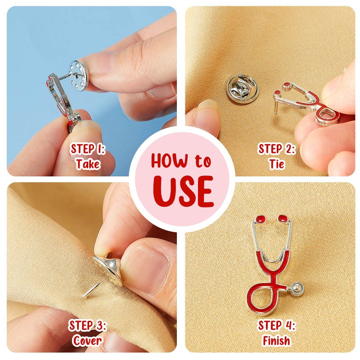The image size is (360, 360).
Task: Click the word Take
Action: pos(87,163)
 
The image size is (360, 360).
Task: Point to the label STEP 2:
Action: pos(276,148)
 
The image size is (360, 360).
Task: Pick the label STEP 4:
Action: pos(276,325)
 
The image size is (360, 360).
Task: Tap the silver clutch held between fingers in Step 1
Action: pos(81,72)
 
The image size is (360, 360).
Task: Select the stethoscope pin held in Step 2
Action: pos(310,103)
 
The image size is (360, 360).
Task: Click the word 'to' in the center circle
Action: pos(203,161)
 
